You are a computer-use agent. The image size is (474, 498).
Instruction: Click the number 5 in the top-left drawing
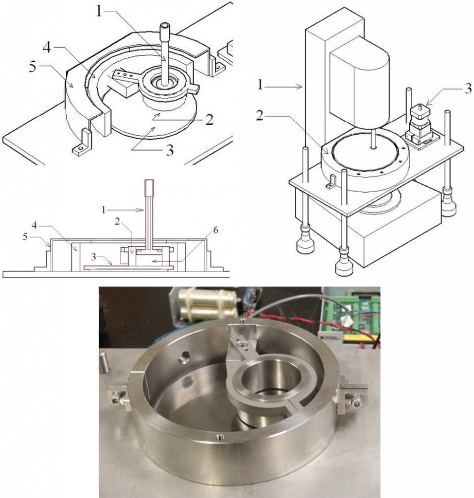tap(33, 67)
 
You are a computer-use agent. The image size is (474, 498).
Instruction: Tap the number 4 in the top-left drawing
tap(47, 48)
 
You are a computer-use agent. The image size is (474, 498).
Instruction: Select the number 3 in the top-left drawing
tap(170, 150)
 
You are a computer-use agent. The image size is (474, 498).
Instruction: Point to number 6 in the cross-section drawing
tap(215, 230)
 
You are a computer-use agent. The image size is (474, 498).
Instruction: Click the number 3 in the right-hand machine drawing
tap(468, 89)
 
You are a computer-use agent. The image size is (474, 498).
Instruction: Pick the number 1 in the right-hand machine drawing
tap(260, 85)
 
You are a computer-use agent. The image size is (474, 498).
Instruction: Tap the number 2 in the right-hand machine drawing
tap(260, 116)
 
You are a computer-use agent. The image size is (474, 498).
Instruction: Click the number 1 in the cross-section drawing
tap(103, 210)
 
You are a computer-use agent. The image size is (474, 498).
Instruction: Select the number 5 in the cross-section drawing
tap(25, 237)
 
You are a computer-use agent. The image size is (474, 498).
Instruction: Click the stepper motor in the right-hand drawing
tap(420, 126)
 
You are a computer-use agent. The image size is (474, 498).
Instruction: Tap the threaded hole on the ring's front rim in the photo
tap(219, 437)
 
